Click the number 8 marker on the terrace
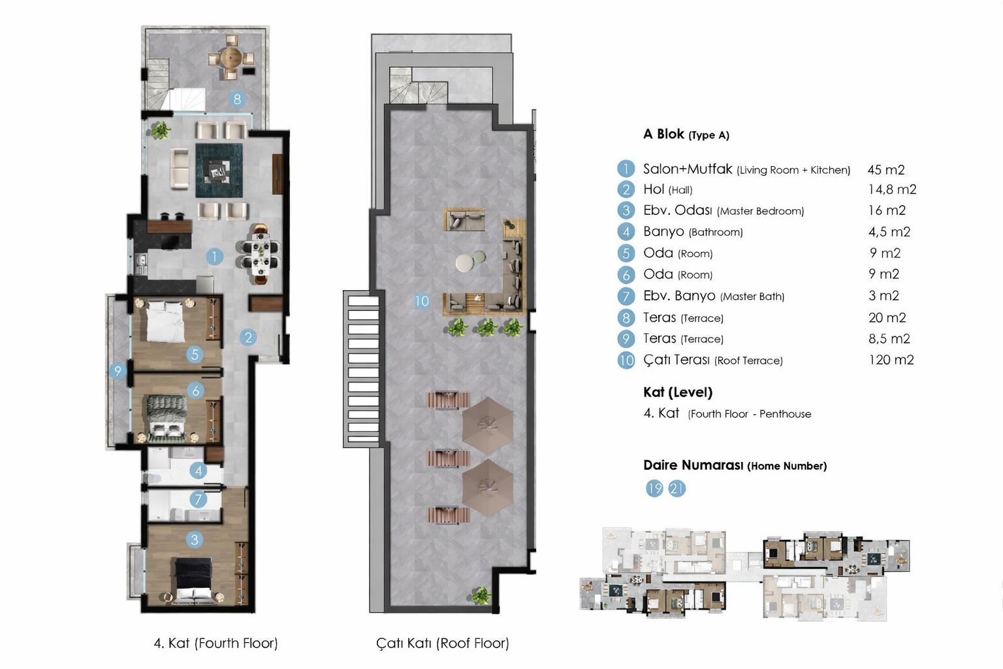coord(237,99)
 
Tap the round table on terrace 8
coord(232,57)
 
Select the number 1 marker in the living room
coord(214,257)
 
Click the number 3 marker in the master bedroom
coord(195,540)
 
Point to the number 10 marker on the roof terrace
coord(421,301)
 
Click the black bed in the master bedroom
coord(193,578)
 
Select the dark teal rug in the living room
coord(219,171)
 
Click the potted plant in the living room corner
coord(160,131)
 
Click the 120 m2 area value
coord(891,360)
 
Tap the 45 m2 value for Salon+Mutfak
coord(885,169)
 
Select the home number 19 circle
coord(654,489)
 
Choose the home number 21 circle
coord(677,489)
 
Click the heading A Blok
coord(663,134)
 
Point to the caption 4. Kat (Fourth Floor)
coord(216,644)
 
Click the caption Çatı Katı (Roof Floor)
coord(442,644)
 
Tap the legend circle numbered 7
coord(626,296)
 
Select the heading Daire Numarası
coord(693,465)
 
